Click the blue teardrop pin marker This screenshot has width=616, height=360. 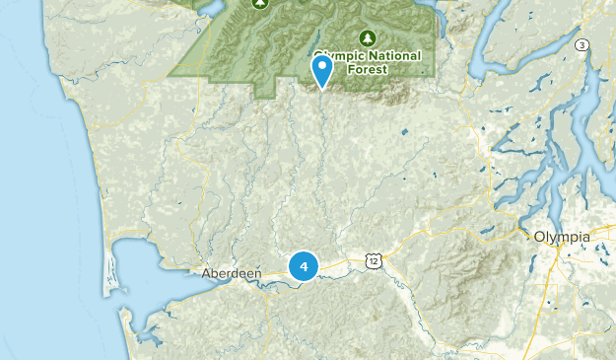(x=321, y=70)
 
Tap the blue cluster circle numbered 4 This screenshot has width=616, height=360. (x=304, y=265)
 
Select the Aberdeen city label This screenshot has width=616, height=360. (x=226, y=273)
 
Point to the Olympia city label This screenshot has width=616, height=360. (x=562, y=237)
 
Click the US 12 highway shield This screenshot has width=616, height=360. (x=372, y=259)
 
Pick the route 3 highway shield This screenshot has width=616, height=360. (x=582, y=45)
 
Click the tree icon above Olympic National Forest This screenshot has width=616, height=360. (x=369, y=38)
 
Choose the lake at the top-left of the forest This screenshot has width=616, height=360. (x=209, y=8)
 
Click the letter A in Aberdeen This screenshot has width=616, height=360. (x=205, y=273)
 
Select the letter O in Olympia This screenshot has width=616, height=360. (x=539, y=237)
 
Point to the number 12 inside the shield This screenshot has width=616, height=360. (x=372, y=260)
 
